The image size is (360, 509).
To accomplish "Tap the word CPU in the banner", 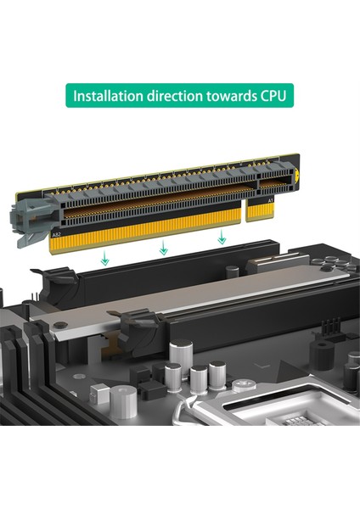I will coord(269,96).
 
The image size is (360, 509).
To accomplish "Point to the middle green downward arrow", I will coord(164,248).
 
